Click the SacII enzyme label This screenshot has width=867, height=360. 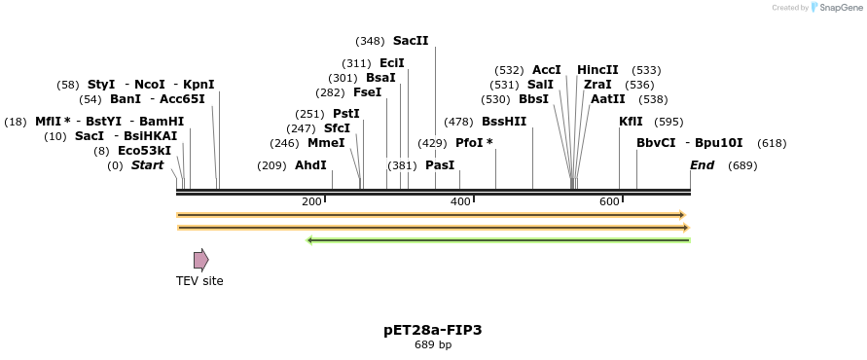pos(411,41)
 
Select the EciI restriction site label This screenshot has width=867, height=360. pos(392,63)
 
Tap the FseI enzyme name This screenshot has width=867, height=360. pos(368,92)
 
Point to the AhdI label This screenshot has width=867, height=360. pos(310,165)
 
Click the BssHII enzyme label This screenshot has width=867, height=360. pos(504,122)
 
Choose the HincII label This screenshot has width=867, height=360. pos(597,70)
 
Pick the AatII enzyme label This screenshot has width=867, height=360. pos(608,99)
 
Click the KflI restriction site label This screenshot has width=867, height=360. pos(631,122)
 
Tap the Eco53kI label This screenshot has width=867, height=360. pos(144,151)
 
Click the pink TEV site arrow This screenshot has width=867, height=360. pos(200,260)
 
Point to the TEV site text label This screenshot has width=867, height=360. pos(199,281)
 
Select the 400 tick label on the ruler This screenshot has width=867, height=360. pos(460,201)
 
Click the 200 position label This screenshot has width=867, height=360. pos(311,201)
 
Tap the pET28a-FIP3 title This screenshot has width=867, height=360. pos(433,330)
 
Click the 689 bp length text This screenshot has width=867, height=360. pos(433,344)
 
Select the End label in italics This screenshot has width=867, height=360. pos(702,165)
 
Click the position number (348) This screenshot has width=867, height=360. pos(370,41)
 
